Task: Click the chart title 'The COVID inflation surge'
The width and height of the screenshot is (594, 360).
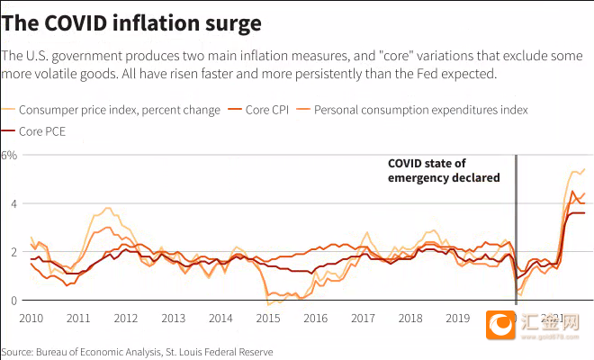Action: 132,21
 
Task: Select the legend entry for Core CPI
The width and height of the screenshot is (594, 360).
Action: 269,110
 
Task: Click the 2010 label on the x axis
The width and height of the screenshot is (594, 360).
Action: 31,319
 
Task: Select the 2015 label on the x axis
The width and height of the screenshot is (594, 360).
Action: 268,319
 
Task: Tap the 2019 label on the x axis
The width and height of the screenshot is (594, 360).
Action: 458,319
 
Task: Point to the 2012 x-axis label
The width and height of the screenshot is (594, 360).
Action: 126,319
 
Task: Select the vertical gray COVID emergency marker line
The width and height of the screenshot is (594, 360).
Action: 516,225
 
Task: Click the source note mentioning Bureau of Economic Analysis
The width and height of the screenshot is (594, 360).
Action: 137,352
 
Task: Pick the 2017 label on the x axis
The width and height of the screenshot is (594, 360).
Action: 363,319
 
